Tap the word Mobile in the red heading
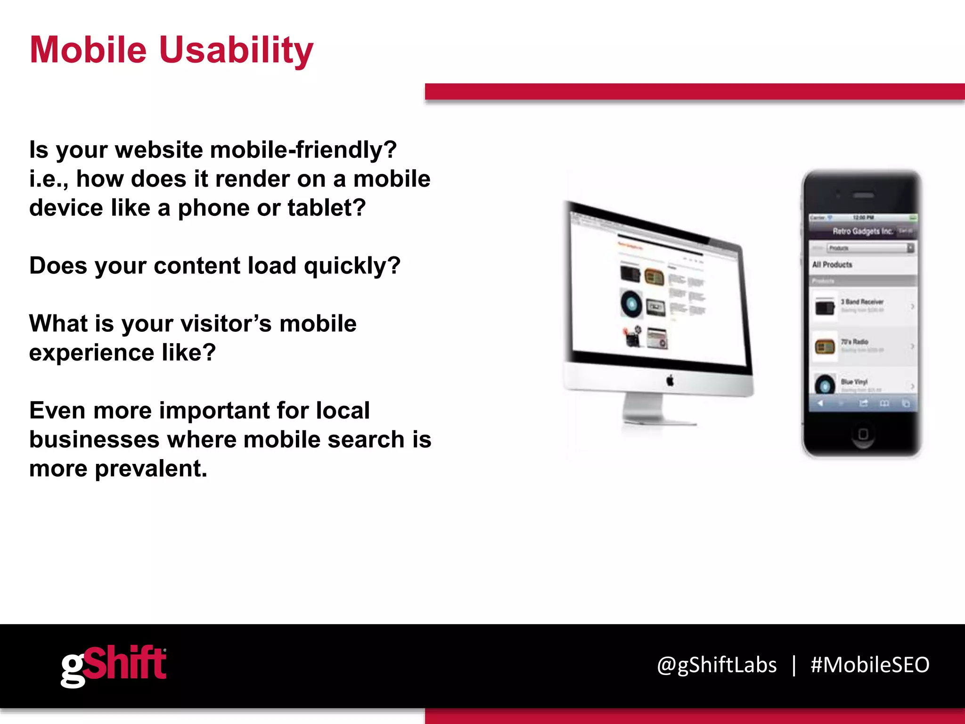pos(88,50)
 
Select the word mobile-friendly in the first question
pos(303,150)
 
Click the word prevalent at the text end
pos(151,469)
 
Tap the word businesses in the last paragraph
pos(94,440)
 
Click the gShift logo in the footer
pos(113,665)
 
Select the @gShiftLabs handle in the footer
pos(717,665)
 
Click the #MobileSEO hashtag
pos(870,665)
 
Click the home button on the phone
pos(863,434)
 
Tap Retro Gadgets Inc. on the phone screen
pos(862,231)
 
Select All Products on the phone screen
pos(832,264)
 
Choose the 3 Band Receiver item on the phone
pos(862,302)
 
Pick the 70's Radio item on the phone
pos(854,342)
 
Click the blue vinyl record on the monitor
pos(631,304)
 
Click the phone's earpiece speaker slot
pos(863,195)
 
